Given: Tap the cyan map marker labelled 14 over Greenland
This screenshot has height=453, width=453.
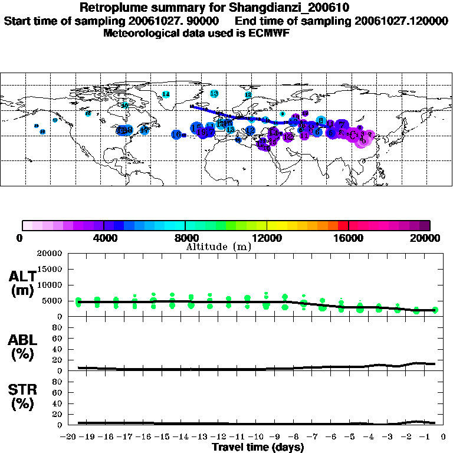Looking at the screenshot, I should [x=166, y=94].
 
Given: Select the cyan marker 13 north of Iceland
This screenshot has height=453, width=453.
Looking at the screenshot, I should [x=214, y=93].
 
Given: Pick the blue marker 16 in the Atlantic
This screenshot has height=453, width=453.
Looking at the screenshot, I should [x=176, y=134].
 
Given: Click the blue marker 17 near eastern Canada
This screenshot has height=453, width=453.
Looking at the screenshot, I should [x=144, y=130].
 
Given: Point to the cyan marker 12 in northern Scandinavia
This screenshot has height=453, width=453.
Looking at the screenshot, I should [x=248, y=94].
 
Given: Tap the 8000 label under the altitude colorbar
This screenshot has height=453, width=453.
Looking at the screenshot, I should [x=185, y=238].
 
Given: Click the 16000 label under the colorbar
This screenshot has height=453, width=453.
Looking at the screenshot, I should [x=349, y=238].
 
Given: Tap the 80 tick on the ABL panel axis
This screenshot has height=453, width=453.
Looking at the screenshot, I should [x=58, y=327].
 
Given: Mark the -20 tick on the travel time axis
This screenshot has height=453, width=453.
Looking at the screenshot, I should [x=69, y=438].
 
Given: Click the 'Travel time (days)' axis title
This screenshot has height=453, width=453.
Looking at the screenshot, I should [x=258, y=447].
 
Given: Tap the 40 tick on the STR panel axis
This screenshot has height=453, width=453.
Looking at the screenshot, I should [x=58, y=403].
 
